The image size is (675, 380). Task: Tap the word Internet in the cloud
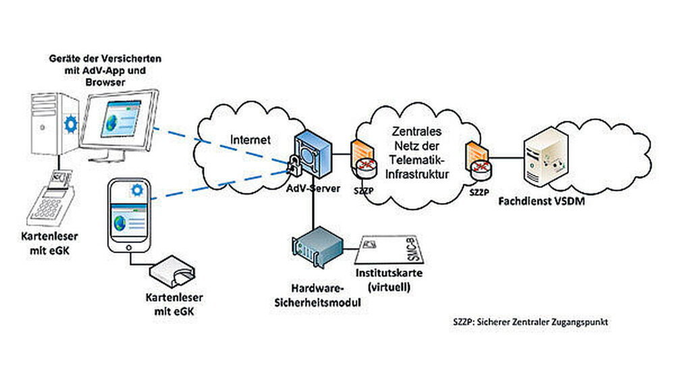[250, 140]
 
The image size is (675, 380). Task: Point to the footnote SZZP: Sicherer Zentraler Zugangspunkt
[531, 322]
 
